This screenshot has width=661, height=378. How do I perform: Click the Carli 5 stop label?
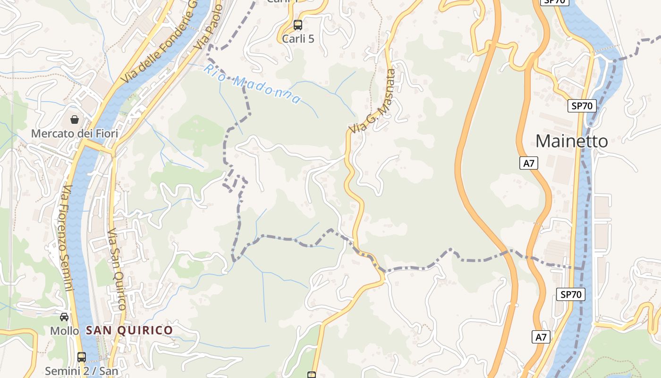pyautogui.click(x=298, y=39)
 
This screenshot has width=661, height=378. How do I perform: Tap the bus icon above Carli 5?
pyautogui.click(x=298, y=25)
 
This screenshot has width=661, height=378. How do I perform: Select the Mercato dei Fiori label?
pyautogui.click(x=75, y=134)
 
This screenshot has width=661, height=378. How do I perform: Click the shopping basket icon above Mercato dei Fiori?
pyautogui.click(x=75, y=119)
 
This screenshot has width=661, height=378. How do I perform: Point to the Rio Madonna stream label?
pyautogui.click(x=253, y=84)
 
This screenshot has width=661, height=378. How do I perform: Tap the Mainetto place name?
pyautogui.click(x=572, y=141)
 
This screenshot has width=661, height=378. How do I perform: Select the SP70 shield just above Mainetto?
pyautogui.click(x=584, y=106)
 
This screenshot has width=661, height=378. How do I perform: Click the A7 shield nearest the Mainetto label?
pyautogui.click(x=529, y=163)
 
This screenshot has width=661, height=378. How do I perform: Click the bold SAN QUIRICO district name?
pyautogui.click(x=129, y=330)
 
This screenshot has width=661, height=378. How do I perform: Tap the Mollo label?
pyautogui.click(x=65, y=331)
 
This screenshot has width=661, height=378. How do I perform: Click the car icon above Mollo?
pyautogui.click(x=64, y=317)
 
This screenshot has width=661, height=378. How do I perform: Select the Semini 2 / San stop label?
pyautogui.click(x=82, y=371)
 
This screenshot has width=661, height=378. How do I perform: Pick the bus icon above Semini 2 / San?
pyautogui.click(x=82, y=357)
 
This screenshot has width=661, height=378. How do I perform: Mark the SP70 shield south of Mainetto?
pyautogui.click(x=570, y=294)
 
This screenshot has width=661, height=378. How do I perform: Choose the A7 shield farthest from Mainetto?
pyautogui.click(x=541, y=337)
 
